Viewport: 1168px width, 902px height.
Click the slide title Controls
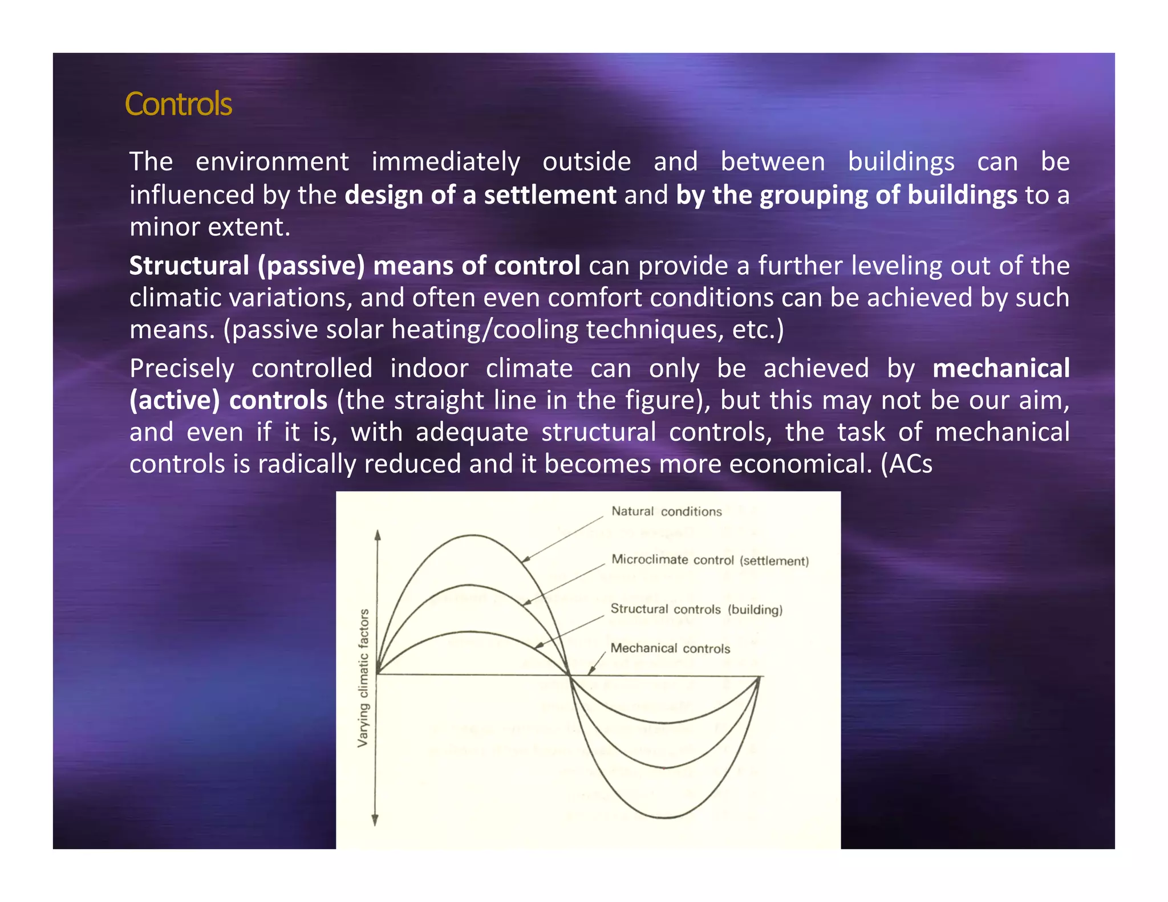click(x=178, y=104)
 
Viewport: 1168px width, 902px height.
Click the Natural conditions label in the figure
click(x=666, y=511)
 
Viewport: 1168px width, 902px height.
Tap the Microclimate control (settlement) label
click(x=709, y=560)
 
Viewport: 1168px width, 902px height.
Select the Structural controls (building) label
click(x=696, y=609)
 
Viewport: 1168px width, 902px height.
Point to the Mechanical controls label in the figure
click(x=670, y=648)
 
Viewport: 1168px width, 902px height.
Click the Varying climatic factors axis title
click(x=363, y=677)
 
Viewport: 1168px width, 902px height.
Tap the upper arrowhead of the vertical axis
click(x=377, y=535)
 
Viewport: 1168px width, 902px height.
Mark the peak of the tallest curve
click(x=473, y=535)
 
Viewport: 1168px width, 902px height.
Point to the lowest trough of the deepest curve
click(x=665, y=818)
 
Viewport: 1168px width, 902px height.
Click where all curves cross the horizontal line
click(x=569, y=676)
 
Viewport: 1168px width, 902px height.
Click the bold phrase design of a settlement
click(x=480, y=195)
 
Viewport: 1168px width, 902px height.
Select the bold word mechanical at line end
click(x=1001, y=368)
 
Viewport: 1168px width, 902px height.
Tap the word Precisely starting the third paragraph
click(x=181, y=368)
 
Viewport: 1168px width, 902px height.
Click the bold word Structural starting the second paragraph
click(x=189, y=266)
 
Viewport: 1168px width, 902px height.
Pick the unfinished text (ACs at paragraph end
click(x=907, y=464)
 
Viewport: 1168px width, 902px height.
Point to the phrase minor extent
click(x=209, y=227)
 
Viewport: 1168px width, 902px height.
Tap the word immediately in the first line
click(x=445, y=162)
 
